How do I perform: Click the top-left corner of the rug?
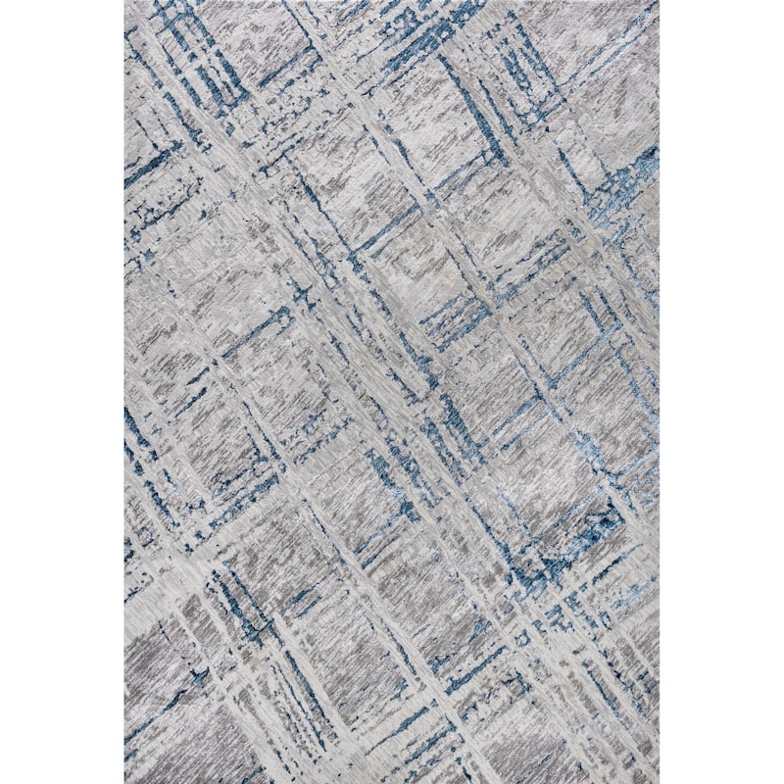[125, 2]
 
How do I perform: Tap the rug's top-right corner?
[659, 2]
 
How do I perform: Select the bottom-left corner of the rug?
[125, 782]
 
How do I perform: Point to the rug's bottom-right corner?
[659, 782]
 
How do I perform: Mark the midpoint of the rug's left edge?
[125, 392]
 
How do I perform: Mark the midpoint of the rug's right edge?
[659, 392]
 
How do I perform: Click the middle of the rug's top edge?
[392, 2]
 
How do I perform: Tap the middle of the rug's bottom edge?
[392, 782]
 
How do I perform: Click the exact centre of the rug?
[392, 392]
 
